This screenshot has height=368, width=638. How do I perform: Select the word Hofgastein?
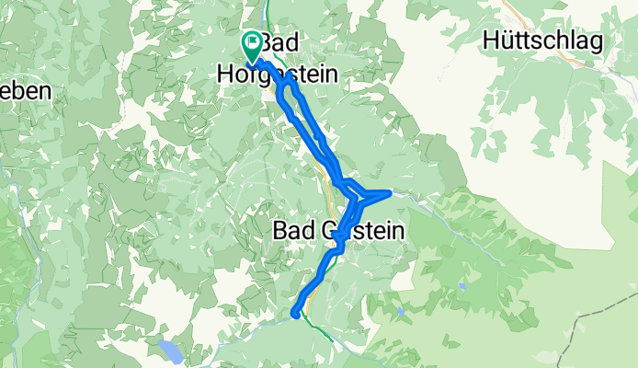pos(277,74)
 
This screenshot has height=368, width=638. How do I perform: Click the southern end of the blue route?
pos(295,314)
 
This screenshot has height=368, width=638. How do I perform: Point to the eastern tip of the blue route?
pos(392,192)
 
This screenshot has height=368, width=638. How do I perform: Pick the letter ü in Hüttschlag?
pos(507,41)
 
